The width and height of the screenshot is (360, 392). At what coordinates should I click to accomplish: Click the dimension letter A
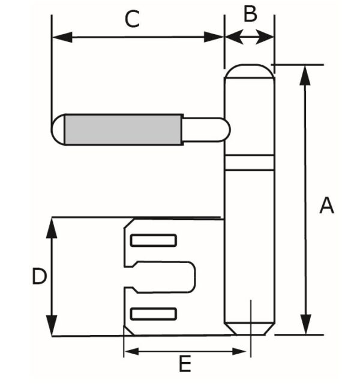pyautogui.click(x=326, y=206)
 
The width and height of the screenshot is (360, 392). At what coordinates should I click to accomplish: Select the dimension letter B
pyautogui.click(x=250, y=13)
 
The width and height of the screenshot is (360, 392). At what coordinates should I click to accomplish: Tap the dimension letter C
pyautogui.click(x=132, y=19)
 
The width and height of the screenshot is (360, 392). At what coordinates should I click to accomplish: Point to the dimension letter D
pyautogui.click(x=38, y=277)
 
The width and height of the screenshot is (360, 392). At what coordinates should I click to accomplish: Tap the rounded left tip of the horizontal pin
pyautogui.click(x=58, y=129)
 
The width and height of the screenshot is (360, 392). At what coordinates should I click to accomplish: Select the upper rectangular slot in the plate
pyautogui.click(x=154, y=241)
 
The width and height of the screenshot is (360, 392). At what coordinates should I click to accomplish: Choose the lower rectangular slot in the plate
pyautogui.click(x=154, y=314)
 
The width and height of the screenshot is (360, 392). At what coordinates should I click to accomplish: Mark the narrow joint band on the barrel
pyautogui.click(x=249, y=162)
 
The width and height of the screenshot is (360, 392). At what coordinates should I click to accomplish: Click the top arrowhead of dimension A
pyautogui.click(x=306, y=73)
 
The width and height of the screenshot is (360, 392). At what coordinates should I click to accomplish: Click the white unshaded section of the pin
pyautogui.click(x=204, y=129)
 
